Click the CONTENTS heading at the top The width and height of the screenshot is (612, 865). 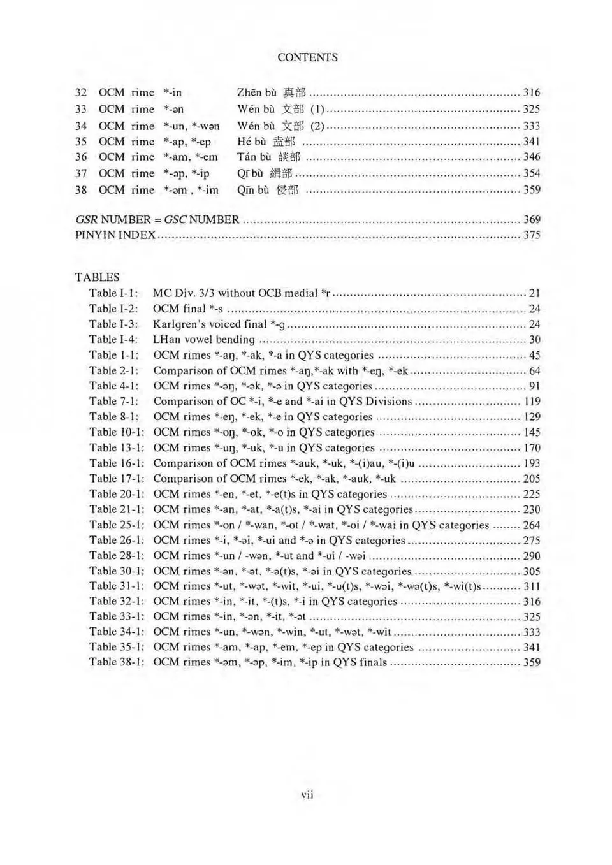point(307,57)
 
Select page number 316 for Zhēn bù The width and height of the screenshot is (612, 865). point(531,92)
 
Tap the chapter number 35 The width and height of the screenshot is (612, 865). point(81,142)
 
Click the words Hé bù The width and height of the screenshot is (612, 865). point(251,142)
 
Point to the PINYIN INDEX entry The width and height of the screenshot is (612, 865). point(115,235)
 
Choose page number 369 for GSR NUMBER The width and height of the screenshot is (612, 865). point(532,219)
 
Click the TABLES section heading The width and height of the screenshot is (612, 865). point(97,277)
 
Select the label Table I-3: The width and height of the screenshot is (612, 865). point(113,324)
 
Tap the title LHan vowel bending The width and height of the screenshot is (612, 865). point(203,340)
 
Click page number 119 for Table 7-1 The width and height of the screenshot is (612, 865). point(532,402)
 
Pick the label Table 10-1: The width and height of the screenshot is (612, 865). point(116,432)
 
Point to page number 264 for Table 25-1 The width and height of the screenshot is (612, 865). point(531,525)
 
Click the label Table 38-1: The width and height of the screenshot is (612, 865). point(116,662)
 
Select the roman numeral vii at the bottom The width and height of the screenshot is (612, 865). point(307,794)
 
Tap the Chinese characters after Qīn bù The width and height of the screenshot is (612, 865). point(287,190)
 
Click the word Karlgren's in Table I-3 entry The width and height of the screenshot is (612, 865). point(180,324)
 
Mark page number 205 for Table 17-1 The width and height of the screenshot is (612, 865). point(531,479)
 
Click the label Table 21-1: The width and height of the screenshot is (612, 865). point(116,509)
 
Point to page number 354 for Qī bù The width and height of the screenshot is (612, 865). point(531,173)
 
